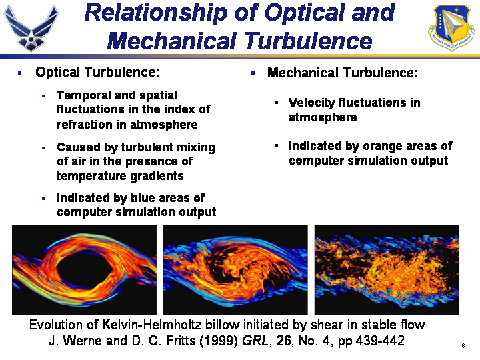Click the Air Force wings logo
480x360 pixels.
[x=31, y=28]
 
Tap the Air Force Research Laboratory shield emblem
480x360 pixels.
[x=451, y=27]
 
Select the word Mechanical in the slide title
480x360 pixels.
[x=172, y=41]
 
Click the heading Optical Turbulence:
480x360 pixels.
[x=97, y=72]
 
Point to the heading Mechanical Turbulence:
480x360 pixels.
[x=343, y=73]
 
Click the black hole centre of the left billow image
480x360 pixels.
[x=85, y=270]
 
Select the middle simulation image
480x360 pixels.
[x=235, y=270]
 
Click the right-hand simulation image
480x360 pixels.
[x=387, y=270]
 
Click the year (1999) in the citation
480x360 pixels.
[x=219, y=341]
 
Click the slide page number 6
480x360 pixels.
[x=463, y=346]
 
